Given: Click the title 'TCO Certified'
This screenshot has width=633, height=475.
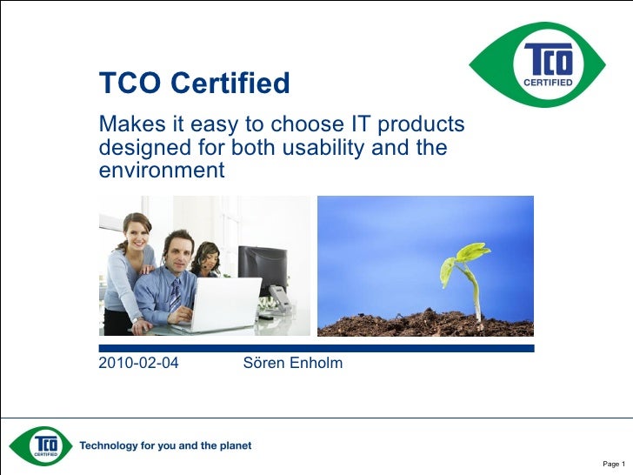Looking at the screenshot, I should (x=194, y=84).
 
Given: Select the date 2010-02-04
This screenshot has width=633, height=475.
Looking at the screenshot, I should (x=139, y=363).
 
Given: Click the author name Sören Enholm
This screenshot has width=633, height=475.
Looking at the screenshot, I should (x=293, y=363).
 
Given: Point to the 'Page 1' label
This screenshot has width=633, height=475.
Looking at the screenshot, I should (x=614, y=463).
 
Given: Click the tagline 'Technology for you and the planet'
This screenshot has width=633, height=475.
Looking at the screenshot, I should (x=166, y=445).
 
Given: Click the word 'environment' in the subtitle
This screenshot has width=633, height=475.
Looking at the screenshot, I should (x=161, y=170).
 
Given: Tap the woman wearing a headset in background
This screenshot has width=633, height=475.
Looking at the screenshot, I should (x=208, y=259).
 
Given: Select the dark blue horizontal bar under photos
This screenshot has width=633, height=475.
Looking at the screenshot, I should (x=316, y=348).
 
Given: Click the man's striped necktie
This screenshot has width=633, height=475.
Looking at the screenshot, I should (x=175, y=297).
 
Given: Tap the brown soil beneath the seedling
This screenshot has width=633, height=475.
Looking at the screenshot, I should (x=426, y=324).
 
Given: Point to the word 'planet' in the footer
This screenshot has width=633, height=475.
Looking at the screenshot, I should (x=233, y=445).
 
